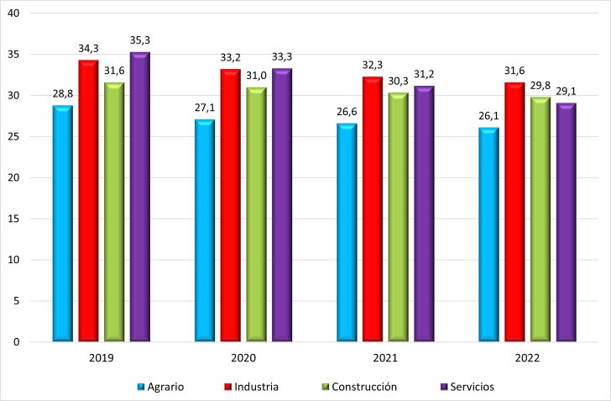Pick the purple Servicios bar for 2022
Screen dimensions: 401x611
(567, 222)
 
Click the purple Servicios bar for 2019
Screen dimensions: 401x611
(139, 197)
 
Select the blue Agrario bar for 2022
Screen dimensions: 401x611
(489, 235)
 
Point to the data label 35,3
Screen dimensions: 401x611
(140, 40)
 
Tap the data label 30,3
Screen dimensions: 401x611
(398, 82)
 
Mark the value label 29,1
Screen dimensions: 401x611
(567, 92)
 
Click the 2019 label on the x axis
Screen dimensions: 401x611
(101, 358)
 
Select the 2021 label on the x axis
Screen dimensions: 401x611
(385, 358)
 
